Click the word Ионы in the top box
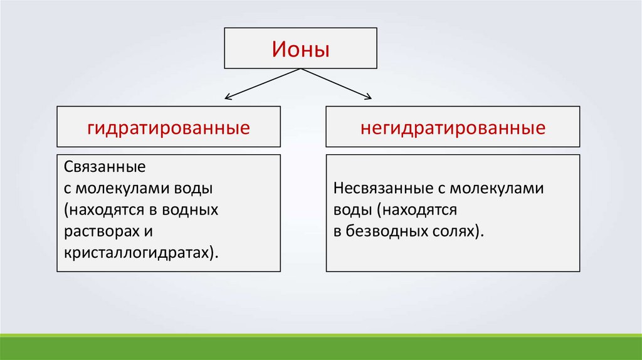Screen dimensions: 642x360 pyautogui.click(x=300, y=48)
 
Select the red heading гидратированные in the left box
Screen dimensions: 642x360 pyautogui.click(x=169, y=129)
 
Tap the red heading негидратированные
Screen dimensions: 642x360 pyautogui.click(x=453, y=129)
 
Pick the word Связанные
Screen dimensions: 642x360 pyautogui.click(x=105, y=167)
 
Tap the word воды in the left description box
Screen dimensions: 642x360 pyautogui.click(x=197, y=188)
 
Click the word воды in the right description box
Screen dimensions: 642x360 pyautogui.click(x=348, y=209)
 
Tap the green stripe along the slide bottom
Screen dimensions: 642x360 pyautogui.click(x=321, y=347)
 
